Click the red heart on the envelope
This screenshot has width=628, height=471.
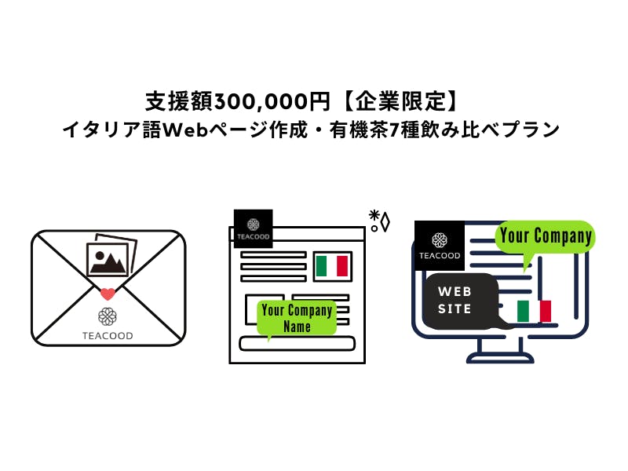tap(108, 294)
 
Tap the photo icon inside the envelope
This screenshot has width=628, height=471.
tap(111, 256)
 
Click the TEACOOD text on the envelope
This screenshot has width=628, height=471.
tap(108, 336)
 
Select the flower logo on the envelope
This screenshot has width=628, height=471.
tap(108, 317)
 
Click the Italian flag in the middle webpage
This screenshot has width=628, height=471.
tap(332, 266)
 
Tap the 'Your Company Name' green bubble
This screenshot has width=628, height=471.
tap(297, 318)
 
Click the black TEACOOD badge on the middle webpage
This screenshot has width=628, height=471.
tap(253, 228)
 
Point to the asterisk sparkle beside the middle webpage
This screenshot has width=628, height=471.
tap(374, 215)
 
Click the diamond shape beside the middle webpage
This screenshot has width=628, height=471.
tap(385, 222)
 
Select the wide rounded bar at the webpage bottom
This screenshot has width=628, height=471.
tap(297, 344)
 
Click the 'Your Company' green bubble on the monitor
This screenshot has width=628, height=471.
tap(546, 239)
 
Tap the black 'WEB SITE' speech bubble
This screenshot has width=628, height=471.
tap(462, 301)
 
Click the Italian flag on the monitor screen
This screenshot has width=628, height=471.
tap(534, 311)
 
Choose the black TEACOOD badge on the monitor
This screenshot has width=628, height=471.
tap(440, 245)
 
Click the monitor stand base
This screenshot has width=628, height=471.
tap(500, 359)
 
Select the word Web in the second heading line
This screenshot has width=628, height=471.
tap(186, 130)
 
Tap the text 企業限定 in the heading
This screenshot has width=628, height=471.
tap(400, 101)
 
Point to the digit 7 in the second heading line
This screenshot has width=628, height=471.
tap(395, 130)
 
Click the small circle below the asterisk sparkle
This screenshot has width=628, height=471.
tap(374, 228)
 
